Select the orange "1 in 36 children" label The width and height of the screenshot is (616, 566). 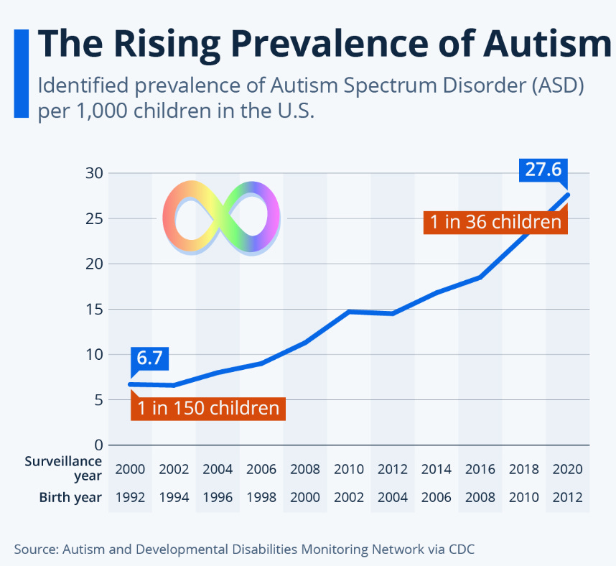(x=496, y=221)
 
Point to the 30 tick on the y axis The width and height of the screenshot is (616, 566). (x=94, y=173)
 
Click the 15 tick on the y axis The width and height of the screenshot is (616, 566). (x=94, y=310)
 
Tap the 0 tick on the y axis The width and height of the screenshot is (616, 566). (x=98, y=445)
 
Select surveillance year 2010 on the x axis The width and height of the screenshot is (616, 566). (x=348, y=470)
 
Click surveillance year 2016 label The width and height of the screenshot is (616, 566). (x=480, y=470)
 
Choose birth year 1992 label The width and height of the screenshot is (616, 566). (x=130, y=497)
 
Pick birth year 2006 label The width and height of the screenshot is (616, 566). (x=437, y=497)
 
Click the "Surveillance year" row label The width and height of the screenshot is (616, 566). (x=64, y=468)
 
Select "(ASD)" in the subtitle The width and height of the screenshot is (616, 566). (x=553, y=86)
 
